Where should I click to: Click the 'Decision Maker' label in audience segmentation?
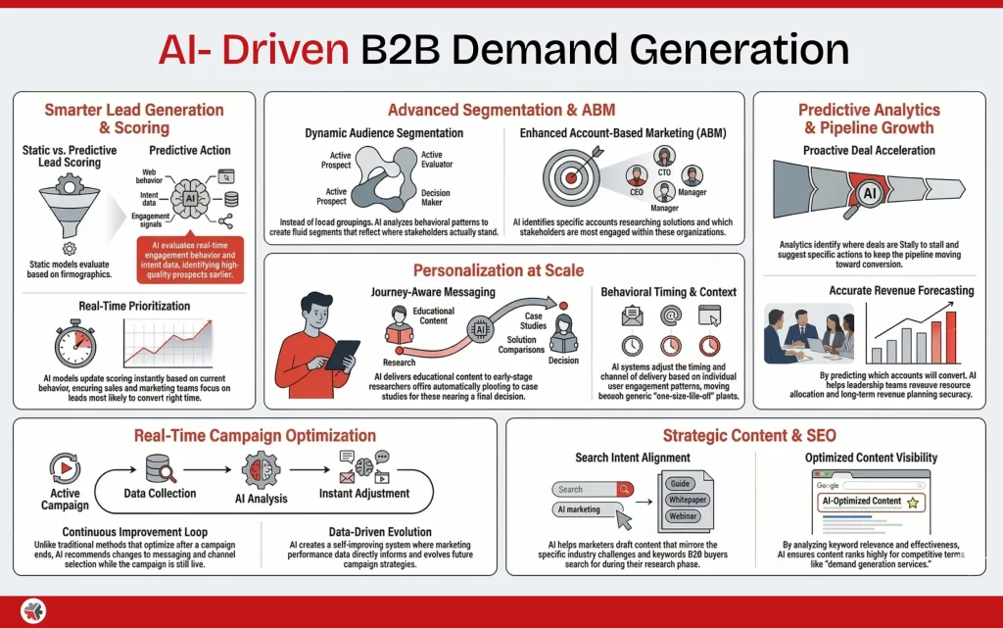coord(436,199)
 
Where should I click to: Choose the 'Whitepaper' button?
coord(686,500)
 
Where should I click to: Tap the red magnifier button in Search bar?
coord(624,489)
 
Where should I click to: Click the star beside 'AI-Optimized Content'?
coord(913,503)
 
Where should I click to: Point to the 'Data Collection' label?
coord(160,493)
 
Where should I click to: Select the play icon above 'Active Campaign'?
coord(65,466)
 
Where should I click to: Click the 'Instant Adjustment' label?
coord(364,493)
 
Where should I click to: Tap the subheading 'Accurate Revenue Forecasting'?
coord(888,291)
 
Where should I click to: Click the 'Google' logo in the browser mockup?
coord(827,487)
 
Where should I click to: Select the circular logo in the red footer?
coord(34,611)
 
